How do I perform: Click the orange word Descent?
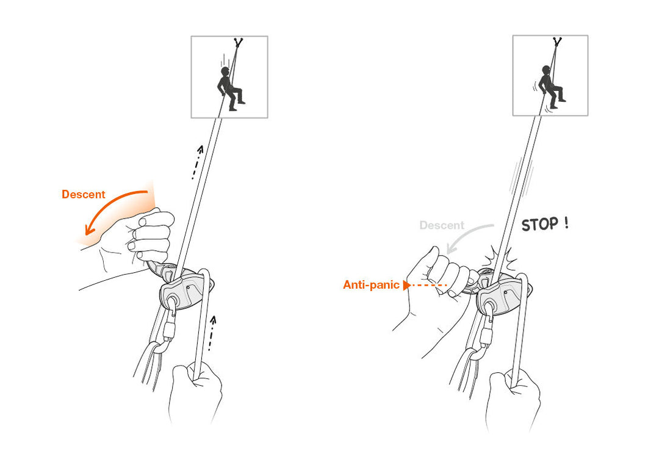pyautogui.click(x=83, y=195)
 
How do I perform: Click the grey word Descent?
pyautogui.click(x=442, y=225)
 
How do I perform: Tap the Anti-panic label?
pyautogui.click(x=371, y=285)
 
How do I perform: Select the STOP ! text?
pyautogui.click(x=544, y=224)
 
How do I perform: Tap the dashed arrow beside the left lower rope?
pyautogui.click(x=212, y=333)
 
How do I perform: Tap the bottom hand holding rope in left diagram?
pyautogui.click(x=195, y=391)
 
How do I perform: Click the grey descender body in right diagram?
pyautogui.click(x=502, y=297)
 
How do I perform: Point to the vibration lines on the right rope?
pyautogui.click(x=522, y=177)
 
